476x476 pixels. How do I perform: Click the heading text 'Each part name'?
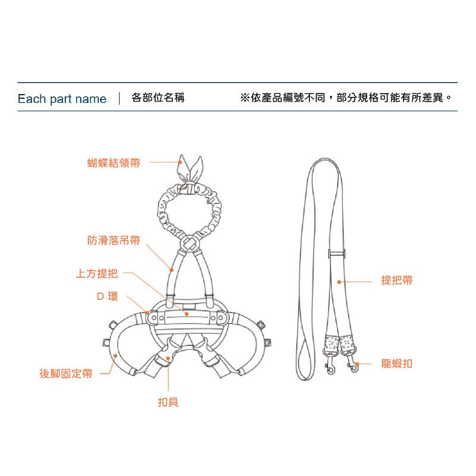62,99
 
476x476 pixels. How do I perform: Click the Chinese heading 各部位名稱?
158,98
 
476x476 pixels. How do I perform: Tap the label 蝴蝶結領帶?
114,162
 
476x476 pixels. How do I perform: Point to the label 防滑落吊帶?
114,240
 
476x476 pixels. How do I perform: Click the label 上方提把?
97,274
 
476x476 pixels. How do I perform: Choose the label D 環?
107,296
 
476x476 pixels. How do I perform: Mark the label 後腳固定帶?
66,374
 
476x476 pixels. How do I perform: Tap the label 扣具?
168,402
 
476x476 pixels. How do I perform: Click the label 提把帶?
396,280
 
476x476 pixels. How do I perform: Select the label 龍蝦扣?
396,364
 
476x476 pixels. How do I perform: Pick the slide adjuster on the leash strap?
337,255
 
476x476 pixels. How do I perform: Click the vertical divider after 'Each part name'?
120,99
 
